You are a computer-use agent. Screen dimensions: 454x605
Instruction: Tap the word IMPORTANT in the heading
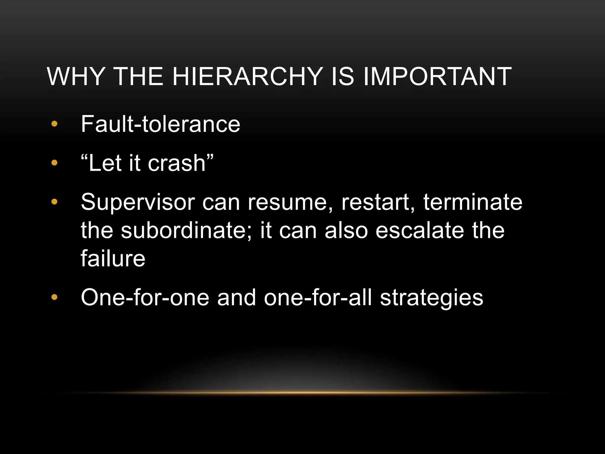click(x=437, y=77)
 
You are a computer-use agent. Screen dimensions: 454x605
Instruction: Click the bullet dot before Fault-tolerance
click(x=54, y=124)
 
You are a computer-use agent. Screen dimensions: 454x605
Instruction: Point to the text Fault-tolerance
click(x=160, y=124)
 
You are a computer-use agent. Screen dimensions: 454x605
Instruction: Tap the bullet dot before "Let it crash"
click(x=54, y=163)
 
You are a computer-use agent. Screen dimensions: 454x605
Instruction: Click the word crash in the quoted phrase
click(x=177, y=163)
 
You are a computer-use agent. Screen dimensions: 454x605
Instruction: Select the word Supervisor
click(x=138, y=203)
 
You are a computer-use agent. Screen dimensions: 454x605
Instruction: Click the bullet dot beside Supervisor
click(x=54, y=202)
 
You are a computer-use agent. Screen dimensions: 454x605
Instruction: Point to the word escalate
click(x=419, y=231)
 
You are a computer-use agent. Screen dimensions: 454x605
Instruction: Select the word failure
click(x=113, y=259)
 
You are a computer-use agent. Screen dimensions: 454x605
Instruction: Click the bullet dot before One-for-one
click(x=54, y=297)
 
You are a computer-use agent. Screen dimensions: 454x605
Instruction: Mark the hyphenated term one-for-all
click(x=318, y=298)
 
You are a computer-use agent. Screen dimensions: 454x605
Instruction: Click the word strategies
click(x=431, y=298)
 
